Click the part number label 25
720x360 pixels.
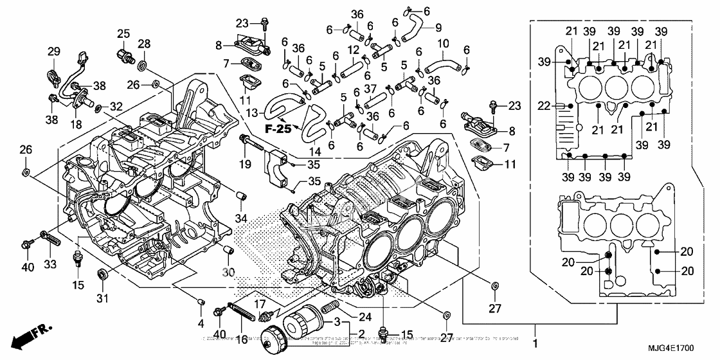point(123,33)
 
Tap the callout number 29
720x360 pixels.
point(54,51)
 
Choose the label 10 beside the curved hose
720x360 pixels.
point(444,44)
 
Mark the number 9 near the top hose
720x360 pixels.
point(438,27)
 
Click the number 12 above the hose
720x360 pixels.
point(354,50)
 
